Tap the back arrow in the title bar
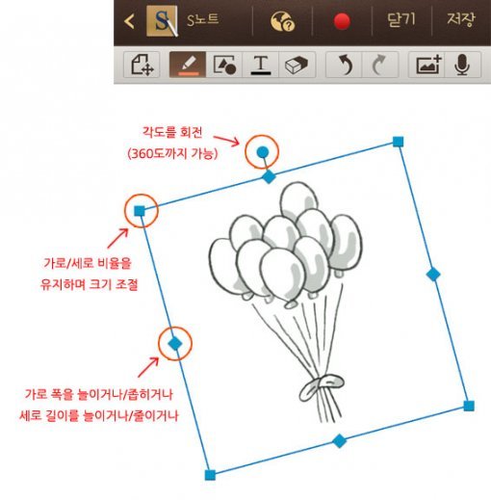pyautogui.click(x=129, y=21)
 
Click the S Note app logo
pyautogui.click(x=162, y=21)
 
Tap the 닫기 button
pyautogui.click(x=401, y=20)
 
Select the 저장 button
pyautogui.click(x=461, y=19)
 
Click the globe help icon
pyautogui.click(x=282, y=21)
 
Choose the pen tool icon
pyautogui.click(x=188, y=65)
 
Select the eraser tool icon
pyautogui.click(x=297, y=65)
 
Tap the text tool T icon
pyautogui.click(x=261, y=65)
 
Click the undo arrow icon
pyautogui.click(x=345, y=65)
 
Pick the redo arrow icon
pyautogui.click(x=378, y=65)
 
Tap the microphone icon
pyautogui.click(x=462, y=65)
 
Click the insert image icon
pyautogui.click(x=428, y=65)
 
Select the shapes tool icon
pyautogui.click(x=224, y=65)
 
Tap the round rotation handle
pyautogui.click(x=263, y=152)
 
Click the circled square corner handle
pyautogui.click(x=140, y=211)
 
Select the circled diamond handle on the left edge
pyautogui.click(x=175, y=344)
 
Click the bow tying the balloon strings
pyautogui.click(x=321, y=387)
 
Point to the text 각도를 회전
pyautogui.click(x=172, y=132)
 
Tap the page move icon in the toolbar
pyautogui.click(x=142, y=65)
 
